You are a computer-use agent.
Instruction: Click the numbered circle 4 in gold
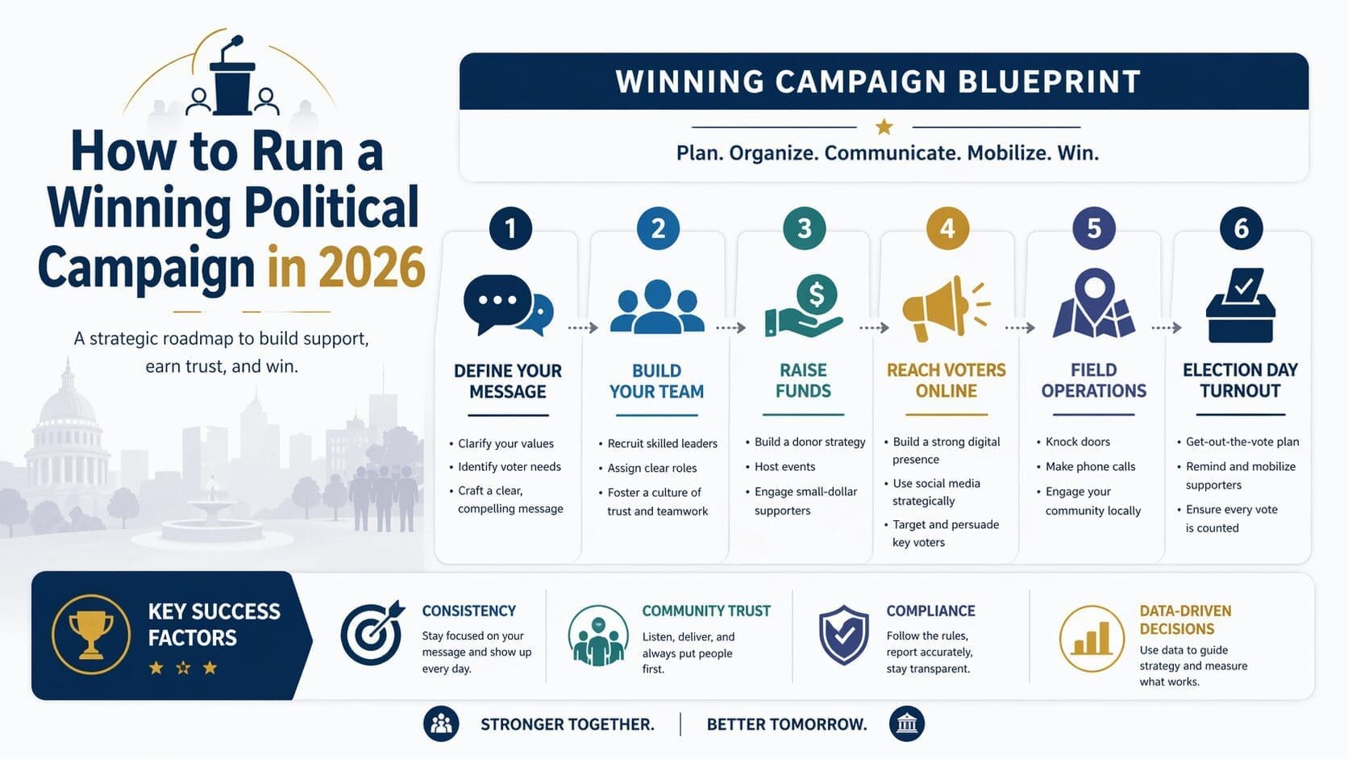click(x=947, y=228)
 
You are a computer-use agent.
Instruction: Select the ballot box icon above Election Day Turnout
click(x=1240, y=307)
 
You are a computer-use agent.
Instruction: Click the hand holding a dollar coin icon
click(x=804, y=307)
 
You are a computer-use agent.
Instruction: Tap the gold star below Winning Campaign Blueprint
click(x=884, y=127)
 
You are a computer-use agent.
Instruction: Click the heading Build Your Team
click(x=656, y=381)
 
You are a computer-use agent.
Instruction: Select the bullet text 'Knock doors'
click(x=1077, y=442)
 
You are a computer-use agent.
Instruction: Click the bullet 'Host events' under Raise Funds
click(x=784, y=467)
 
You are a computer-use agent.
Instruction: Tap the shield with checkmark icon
click(x=843, y=636)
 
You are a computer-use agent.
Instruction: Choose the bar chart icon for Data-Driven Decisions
click(x=1092, y=639)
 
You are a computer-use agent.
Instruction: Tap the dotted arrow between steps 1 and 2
click(x=582, y=327)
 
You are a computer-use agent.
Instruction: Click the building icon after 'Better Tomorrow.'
click(x=907, y=724)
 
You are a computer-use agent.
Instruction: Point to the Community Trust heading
click(x=706, y=611)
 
